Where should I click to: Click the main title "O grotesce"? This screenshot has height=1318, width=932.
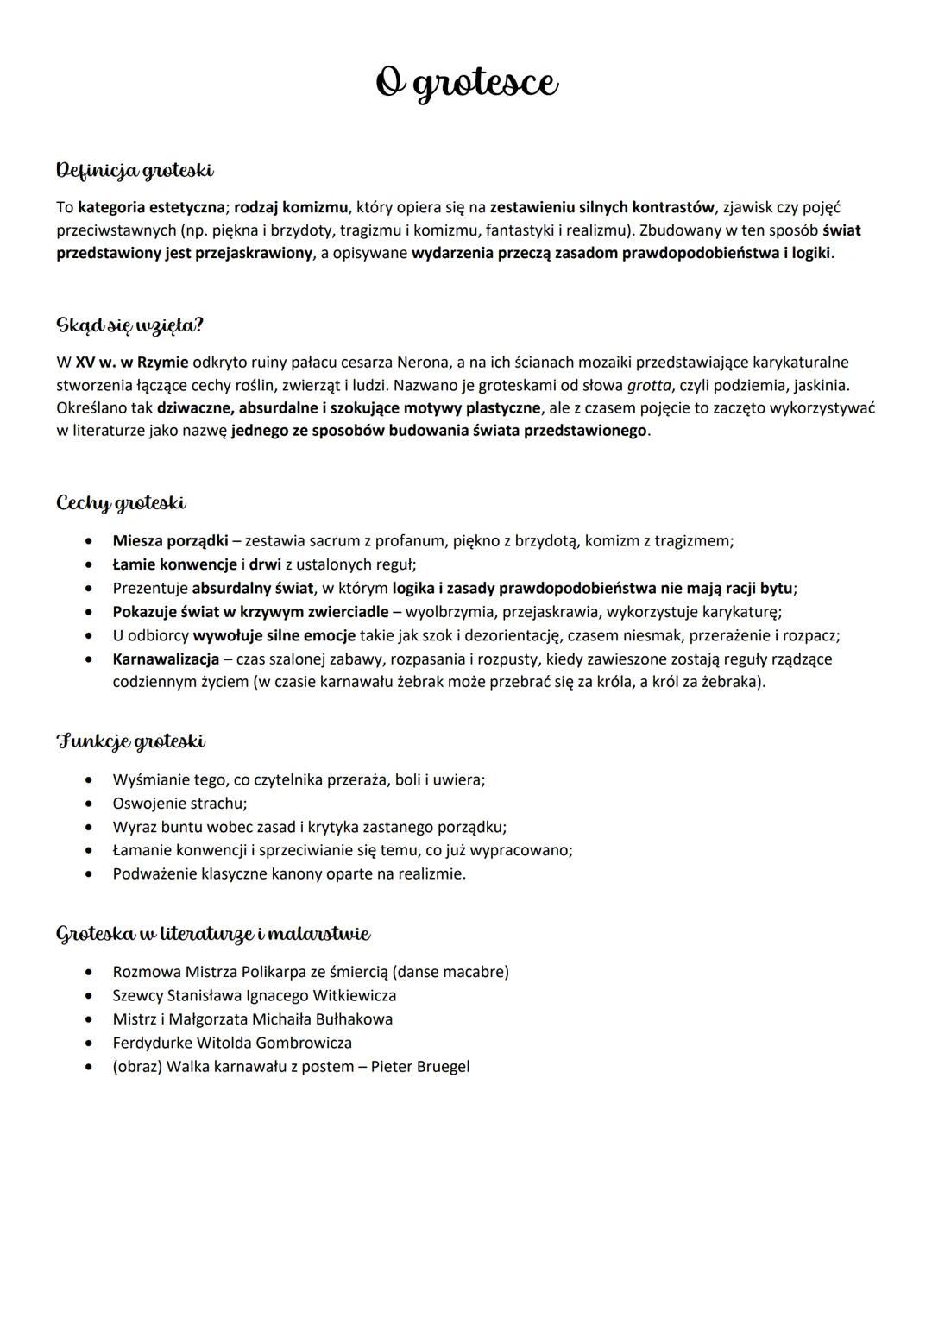point(467,84)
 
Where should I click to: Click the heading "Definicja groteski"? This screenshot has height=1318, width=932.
point(135,171)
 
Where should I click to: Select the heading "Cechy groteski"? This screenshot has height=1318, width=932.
point(121,502)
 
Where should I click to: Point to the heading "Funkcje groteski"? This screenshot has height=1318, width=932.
point(131,741)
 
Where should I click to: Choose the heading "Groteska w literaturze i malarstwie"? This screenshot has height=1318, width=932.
point(213,934)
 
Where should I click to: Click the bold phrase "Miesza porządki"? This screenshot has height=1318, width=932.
point(170,541)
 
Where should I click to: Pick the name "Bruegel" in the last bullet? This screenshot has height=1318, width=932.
point(443,1066)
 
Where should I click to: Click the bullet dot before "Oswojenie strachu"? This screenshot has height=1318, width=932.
point(90,804)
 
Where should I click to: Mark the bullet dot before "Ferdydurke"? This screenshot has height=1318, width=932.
point(90,1043)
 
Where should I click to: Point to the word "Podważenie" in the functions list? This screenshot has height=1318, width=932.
point(154,873)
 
